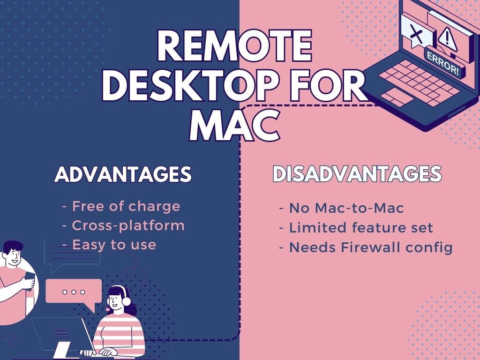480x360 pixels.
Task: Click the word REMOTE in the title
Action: pos(235,46)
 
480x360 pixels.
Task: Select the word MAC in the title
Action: pos(235,125)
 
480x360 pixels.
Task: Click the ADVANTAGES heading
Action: pos(123,174)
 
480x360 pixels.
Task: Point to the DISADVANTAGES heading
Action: pos(357,174)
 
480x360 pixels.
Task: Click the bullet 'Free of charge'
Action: pos(126,206)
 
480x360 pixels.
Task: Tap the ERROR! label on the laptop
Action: pos(443,64)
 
